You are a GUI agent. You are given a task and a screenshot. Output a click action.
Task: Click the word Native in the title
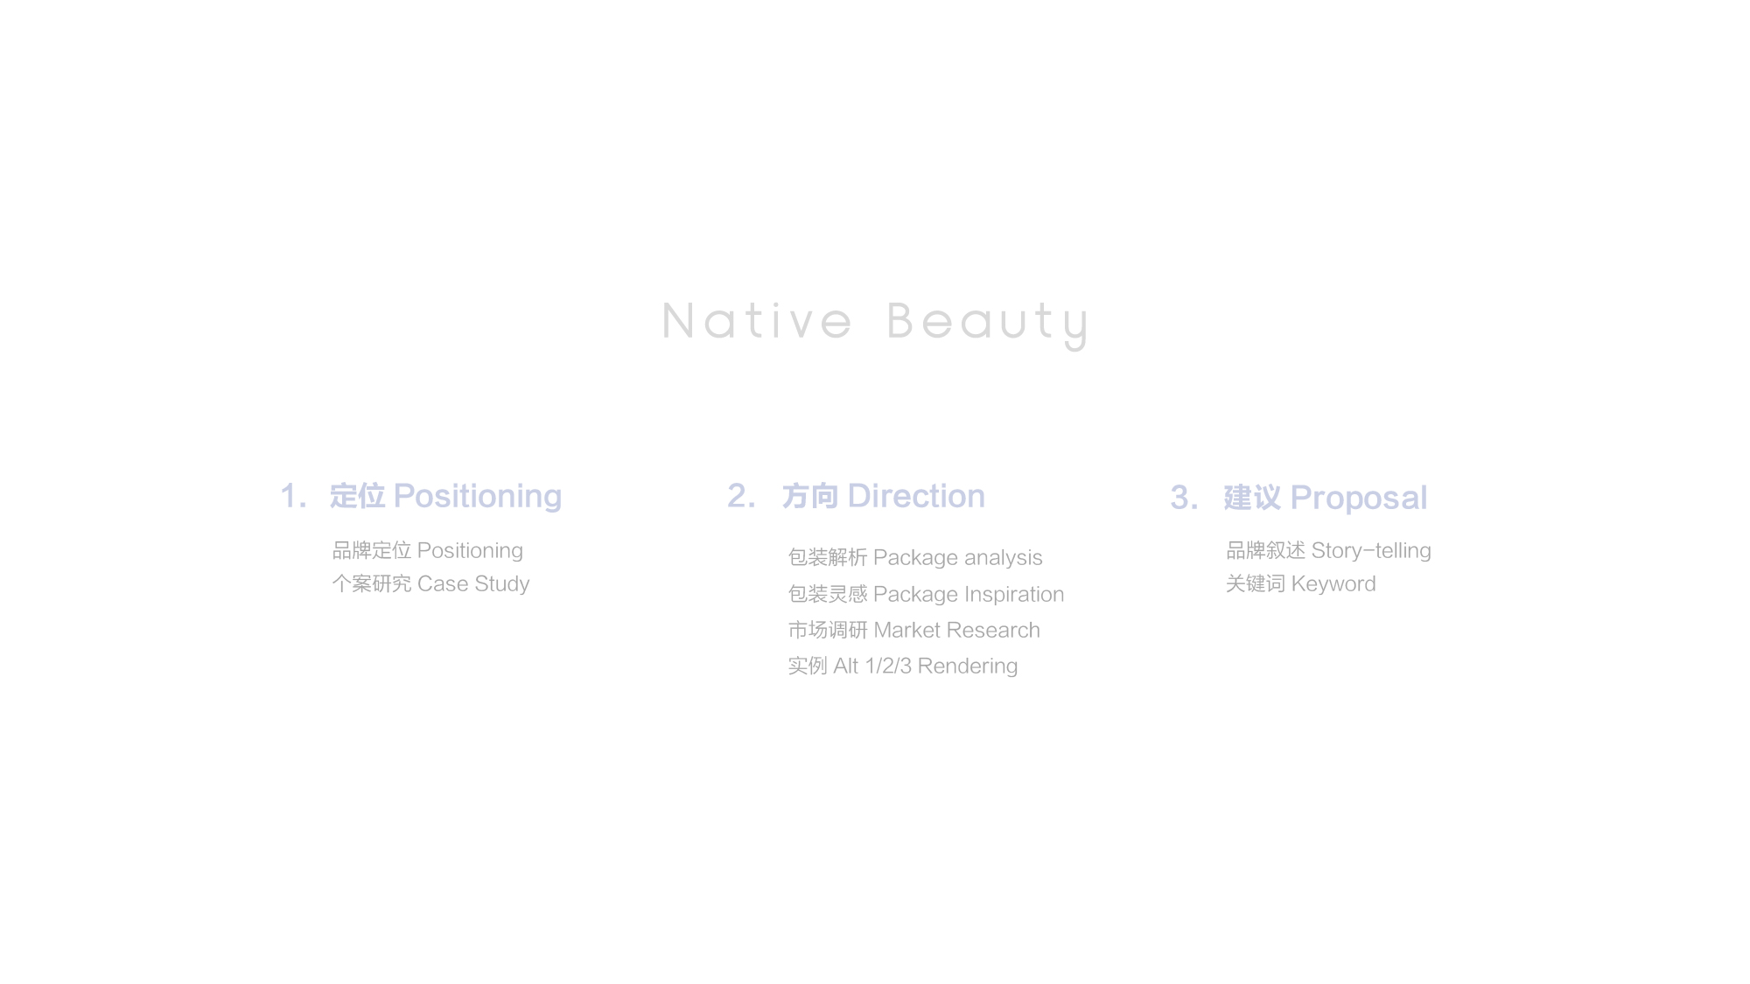757,321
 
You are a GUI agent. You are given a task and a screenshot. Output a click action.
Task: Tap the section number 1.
293,496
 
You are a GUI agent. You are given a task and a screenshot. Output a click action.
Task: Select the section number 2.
741,496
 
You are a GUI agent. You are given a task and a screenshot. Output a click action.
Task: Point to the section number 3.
1184,498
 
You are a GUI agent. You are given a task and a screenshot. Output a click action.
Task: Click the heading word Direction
916,496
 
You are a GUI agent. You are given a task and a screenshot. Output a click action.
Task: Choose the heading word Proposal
1359,498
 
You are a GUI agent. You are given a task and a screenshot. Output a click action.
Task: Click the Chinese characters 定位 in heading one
357,496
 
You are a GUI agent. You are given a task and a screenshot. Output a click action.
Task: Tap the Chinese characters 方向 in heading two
810,496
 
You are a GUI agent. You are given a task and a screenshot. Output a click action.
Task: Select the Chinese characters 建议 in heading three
1252,498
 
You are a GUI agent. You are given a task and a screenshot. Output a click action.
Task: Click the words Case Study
473,584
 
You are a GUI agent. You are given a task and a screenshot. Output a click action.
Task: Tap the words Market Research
957,631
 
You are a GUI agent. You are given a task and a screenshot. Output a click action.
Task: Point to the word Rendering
968,666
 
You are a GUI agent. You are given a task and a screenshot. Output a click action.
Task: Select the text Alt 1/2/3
872,666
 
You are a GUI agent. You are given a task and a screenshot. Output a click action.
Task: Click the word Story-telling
1371,551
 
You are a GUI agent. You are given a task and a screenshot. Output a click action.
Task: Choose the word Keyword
1333,584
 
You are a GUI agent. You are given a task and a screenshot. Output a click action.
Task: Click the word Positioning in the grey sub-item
470,551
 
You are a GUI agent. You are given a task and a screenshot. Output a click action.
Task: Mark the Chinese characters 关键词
1256,584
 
